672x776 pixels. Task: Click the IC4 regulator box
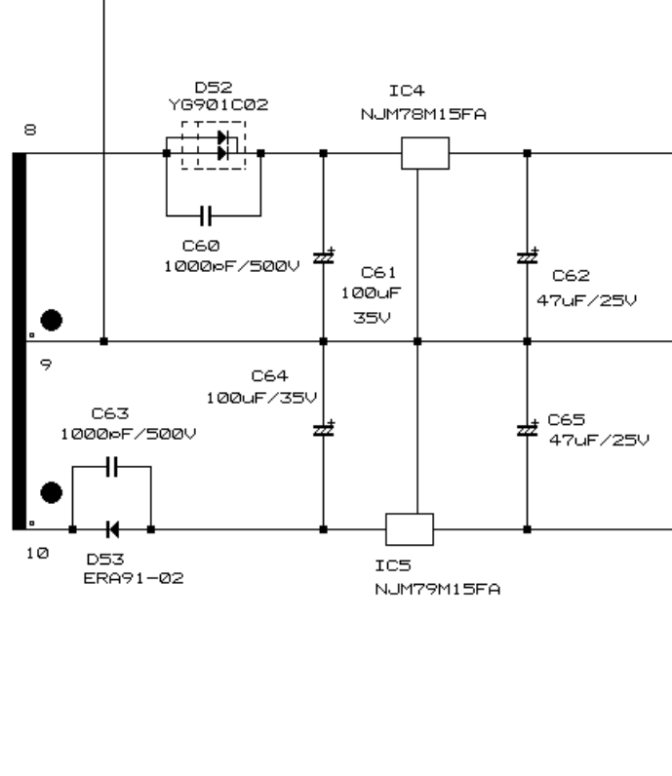[425, 153]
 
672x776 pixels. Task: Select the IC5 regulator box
[410, 529]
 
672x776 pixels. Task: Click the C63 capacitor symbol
[112, 467]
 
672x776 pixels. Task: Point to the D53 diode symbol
[111, 529]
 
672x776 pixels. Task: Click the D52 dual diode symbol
[219, 146]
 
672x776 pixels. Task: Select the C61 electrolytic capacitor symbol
[323, 256]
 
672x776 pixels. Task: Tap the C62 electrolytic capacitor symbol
[527, 256]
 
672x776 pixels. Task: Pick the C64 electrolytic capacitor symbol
[323, 429]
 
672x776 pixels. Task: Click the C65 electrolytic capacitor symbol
[527, 429]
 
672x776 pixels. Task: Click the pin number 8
[30, 129]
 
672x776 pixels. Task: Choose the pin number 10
[35, 554]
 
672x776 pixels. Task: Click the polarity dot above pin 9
[53, 319]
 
